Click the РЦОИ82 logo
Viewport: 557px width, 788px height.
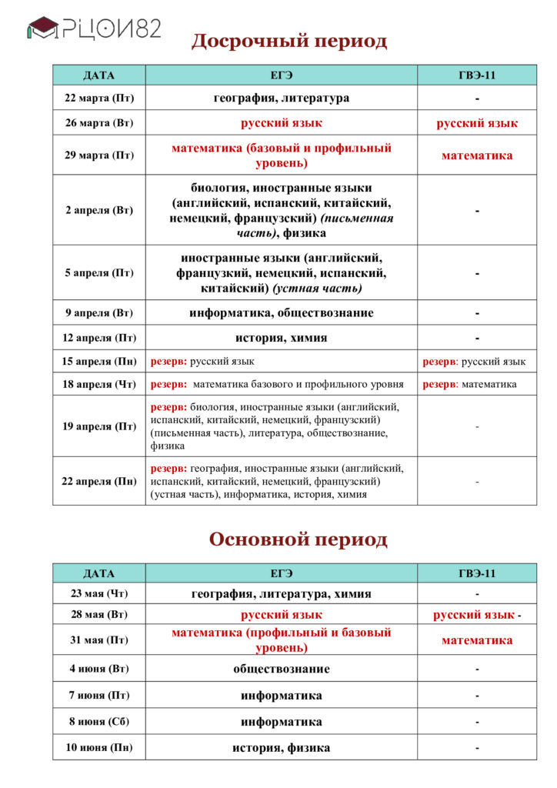coord(94,28)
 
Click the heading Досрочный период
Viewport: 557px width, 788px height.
coord(289,41)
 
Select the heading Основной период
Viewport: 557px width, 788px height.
coord(299,539)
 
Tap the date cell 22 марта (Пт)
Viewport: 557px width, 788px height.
coord(98,98)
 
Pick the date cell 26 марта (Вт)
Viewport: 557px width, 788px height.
coord(98,123)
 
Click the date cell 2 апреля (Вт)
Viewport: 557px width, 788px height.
coord(98,210)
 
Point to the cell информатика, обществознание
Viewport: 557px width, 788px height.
coord(281,313)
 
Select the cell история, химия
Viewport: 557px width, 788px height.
coord(281,338)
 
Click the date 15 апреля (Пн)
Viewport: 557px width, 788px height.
coord(98,361)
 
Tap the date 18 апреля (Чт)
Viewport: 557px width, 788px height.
coord(98,384)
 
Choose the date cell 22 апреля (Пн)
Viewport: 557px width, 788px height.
coord(98,481)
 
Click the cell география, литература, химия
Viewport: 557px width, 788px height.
coord(281,593)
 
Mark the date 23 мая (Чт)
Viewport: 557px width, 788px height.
coord(98,593)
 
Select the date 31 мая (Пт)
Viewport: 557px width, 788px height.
coord(98,639)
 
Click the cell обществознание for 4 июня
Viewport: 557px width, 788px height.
coord(281,669)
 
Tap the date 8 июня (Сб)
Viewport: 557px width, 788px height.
coord(98,722)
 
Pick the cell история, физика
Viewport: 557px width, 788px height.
coord(281,747)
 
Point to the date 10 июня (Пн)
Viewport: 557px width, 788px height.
coord(98,747)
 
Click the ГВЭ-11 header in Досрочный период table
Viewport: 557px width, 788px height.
coord(477,75)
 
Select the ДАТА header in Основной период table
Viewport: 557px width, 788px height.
coord(98,573)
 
